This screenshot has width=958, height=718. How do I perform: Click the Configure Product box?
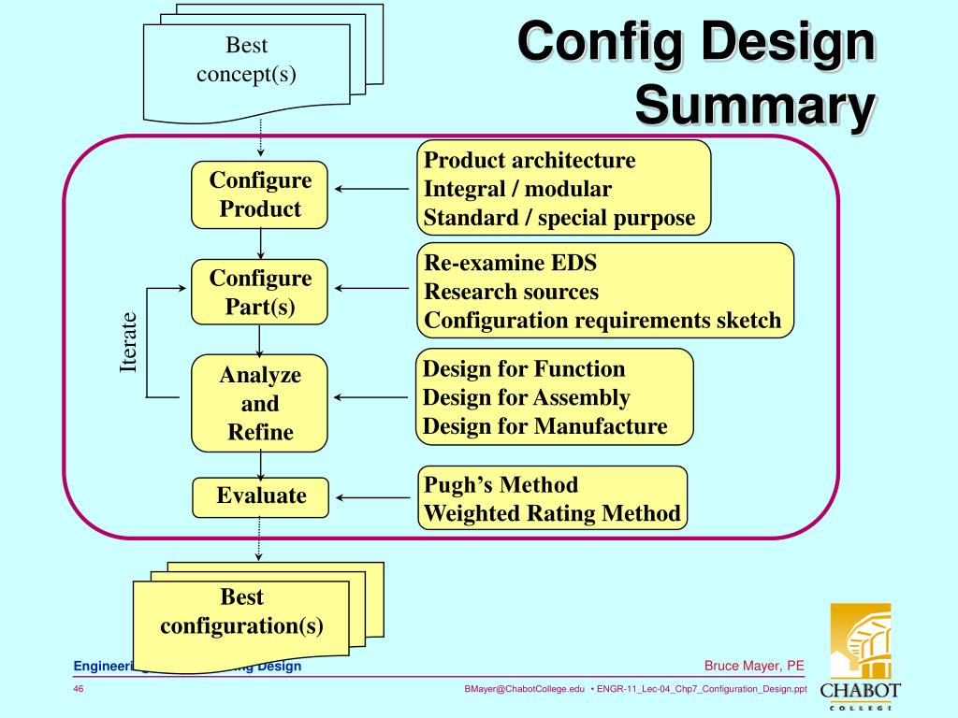tap(260, 194)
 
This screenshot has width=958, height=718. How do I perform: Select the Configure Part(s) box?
tap(260, 293)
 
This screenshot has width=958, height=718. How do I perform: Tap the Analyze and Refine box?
tap(260, 403)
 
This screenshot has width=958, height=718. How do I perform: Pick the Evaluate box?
tap(261, 496)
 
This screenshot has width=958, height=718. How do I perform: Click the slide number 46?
tap(79, 689)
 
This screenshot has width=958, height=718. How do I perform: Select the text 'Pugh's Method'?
tap(501, 484)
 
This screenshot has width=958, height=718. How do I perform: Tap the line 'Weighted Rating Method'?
tap(552, 513)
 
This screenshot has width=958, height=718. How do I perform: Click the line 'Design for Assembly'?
tap(526, 397)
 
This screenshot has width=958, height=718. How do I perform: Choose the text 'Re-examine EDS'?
tap(510, 263)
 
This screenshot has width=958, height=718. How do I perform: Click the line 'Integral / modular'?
tap(517, 189)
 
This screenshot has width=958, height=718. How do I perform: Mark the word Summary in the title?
tap(756, 106)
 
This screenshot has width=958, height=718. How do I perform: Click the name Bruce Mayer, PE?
tap(754, 666)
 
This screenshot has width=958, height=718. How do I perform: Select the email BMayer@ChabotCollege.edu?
tap(524, 689)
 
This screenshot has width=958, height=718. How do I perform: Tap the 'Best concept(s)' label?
tap(246, 60)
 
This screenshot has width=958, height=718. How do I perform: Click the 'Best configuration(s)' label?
tap(241, 611)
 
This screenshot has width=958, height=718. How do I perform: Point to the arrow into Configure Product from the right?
tap(371, 190)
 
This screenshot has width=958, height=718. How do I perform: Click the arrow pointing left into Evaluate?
tap(371, 496)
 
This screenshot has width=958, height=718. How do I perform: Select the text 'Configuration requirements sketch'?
tap(602, 321)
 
